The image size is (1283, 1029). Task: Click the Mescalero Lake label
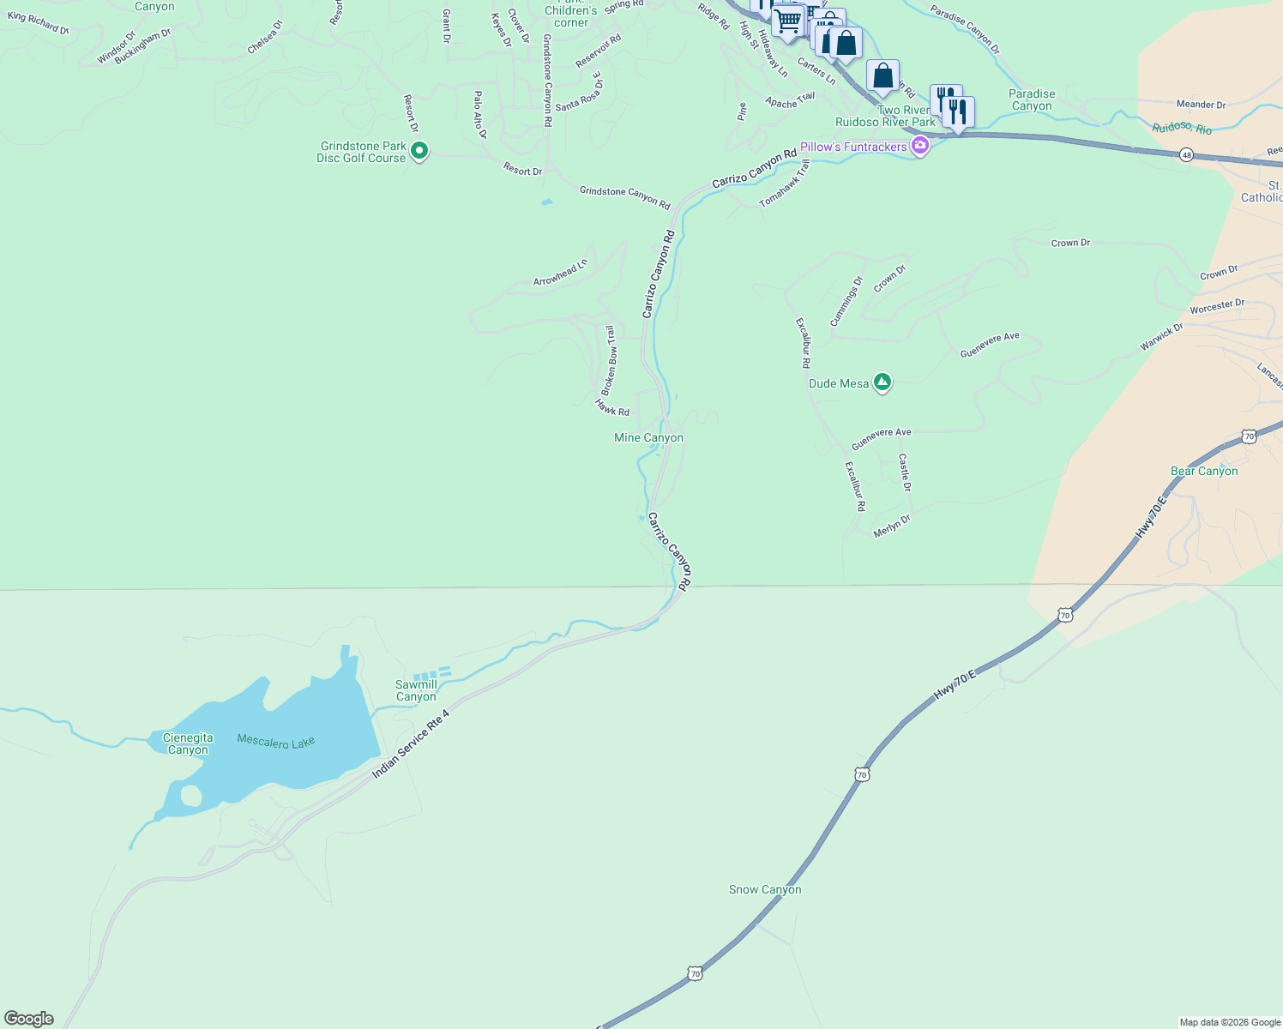coord(276,742)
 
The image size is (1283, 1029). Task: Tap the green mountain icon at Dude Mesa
coord(882,382)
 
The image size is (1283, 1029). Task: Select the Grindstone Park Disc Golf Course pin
coord(419,152)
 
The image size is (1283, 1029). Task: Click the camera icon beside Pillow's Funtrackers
coord(920,146)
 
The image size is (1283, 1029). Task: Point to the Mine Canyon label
coord(648,437)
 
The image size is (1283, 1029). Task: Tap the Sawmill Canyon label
coord(416,690)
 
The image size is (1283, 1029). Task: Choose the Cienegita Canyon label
coord(188,743)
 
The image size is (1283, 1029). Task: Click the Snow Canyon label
coord(765,889)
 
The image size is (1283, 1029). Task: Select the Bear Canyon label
coord(1204,471)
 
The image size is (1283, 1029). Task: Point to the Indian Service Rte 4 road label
coord(411,744)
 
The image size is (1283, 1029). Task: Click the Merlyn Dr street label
coord(892,526)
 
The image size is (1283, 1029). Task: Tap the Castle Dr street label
coord(904,473)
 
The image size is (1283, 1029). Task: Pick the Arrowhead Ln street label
coord(561,273)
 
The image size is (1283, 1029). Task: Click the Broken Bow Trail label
coord(610,360)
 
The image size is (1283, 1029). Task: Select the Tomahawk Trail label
coord(785,184)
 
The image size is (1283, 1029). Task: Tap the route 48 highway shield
coord(1186,154)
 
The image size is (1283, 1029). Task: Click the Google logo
coord(29,1019)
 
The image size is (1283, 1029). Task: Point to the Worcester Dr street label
coord(1217,305)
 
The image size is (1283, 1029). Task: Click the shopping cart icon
coord(787,20)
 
